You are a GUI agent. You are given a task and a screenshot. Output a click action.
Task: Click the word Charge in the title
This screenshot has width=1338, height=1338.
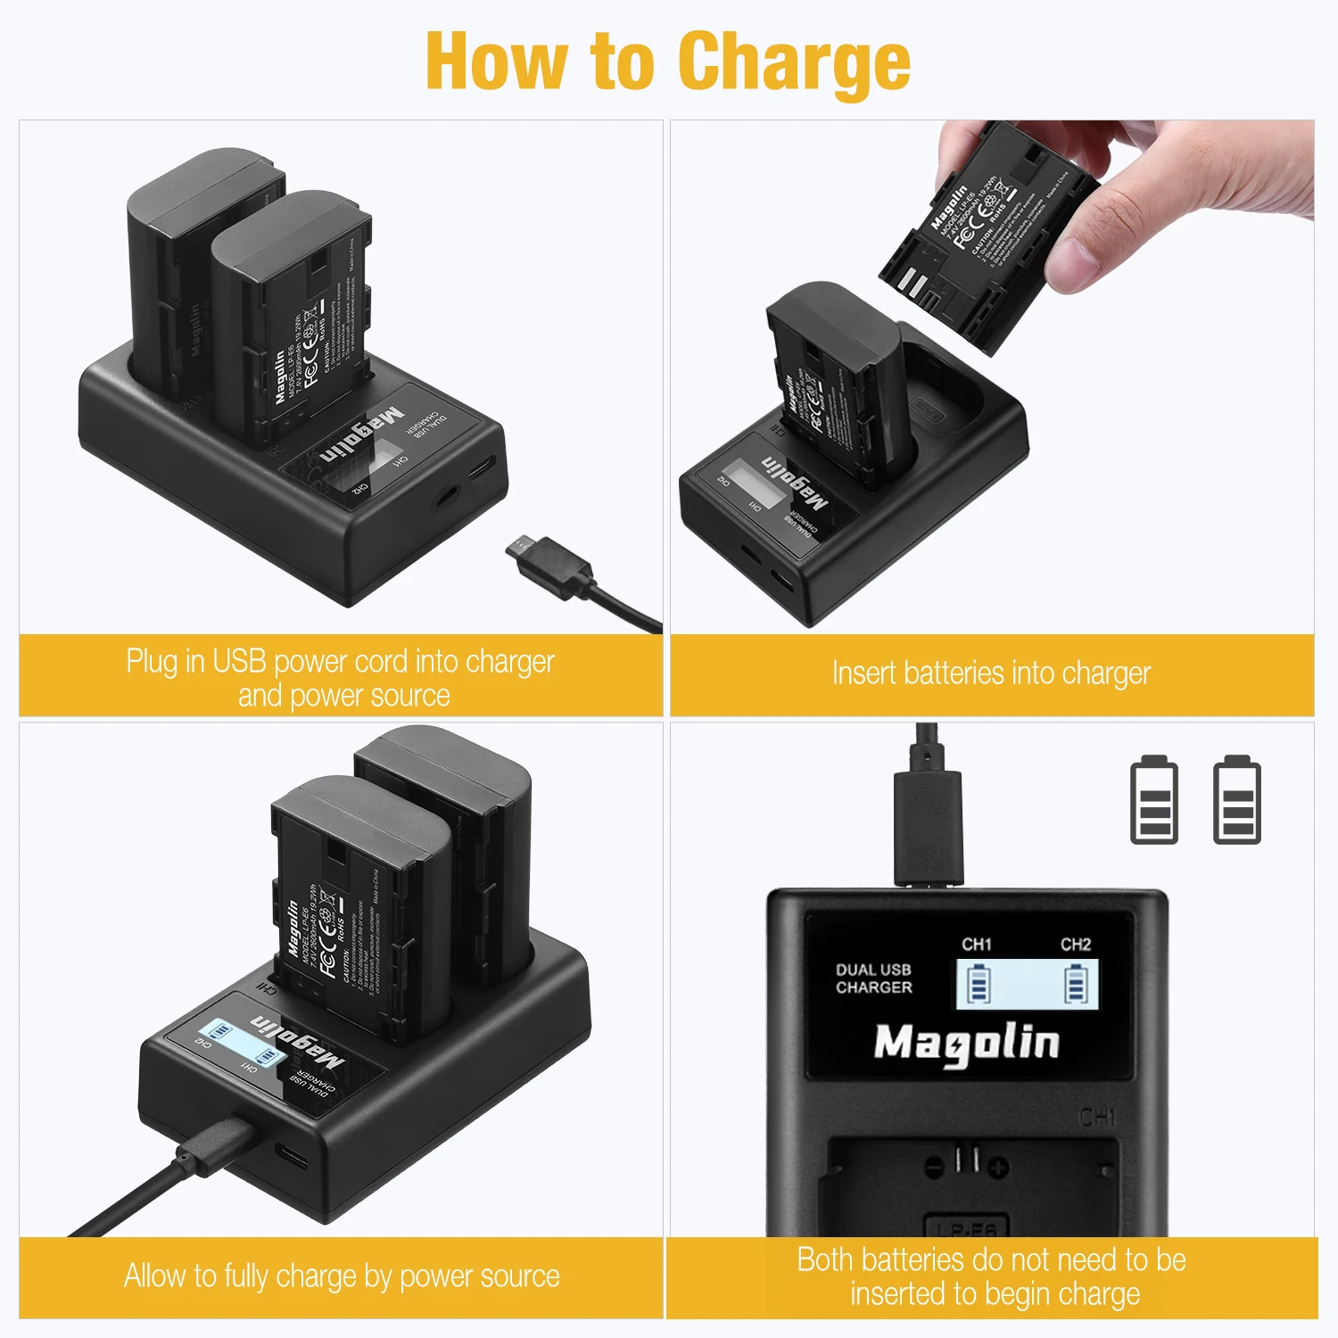(x=794, y=62)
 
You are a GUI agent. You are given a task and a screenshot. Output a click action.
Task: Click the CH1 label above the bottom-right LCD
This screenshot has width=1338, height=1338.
(x=977, y=944)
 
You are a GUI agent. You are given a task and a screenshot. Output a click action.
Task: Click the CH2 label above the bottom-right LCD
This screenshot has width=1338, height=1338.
(x=1076, y=944)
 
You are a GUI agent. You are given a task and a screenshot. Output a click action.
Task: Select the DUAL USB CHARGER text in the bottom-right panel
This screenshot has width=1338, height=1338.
(x=873, y=979)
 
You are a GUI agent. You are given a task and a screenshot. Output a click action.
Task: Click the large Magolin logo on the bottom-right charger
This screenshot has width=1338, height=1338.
(x=966, y=1043)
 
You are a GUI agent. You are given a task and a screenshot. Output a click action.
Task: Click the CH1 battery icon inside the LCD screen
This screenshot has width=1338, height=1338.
(x=979, y=985)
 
